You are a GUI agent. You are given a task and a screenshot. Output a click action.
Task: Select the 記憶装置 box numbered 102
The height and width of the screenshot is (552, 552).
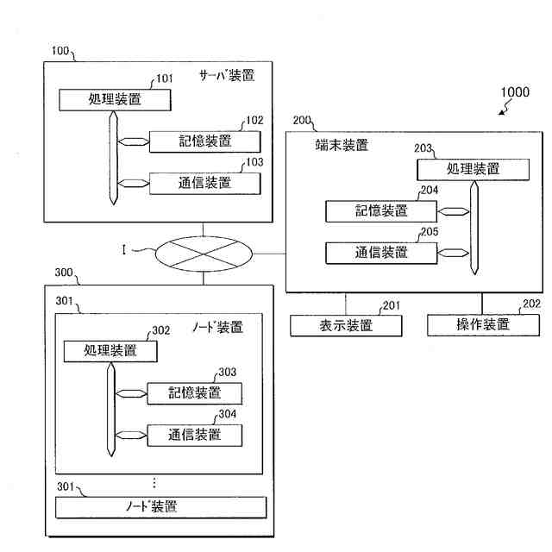point(204,142)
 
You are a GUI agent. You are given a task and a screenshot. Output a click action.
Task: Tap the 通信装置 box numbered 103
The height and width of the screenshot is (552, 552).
point(204,183)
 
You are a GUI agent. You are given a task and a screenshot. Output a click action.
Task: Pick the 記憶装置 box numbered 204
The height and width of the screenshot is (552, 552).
point(381,210)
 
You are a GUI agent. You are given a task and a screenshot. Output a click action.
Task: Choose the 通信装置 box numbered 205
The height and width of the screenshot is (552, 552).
point(381,253)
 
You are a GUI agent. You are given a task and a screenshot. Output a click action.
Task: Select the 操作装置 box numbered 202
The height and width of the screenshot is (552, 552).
point(483,325)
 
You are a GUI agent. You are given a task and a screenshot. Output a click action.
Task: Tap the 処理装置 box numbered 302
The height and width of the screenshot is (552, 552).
point(110,351)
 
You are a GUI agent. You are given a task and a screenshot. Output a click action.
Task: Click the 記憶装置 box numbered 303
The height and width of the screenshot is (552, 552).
point(194,393)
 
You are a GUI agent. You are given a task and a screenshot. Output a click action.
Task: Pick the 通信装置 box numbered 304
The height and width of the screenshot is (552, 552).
point(194,435)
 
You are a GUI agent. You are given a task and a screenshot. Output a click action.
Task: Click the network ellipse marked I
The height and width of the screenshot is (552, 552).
point(204,253)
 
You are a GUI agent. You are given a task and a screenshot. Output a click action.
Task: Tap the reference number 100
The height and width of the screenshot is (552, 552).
point(60,51)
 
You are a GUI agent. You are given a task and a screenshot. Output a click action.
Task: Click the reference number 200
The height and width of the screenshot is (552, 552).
point(303,121)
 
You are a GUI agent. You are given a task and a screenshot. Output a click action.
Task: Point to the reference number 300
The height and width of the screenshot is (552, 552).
point(64,272)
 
